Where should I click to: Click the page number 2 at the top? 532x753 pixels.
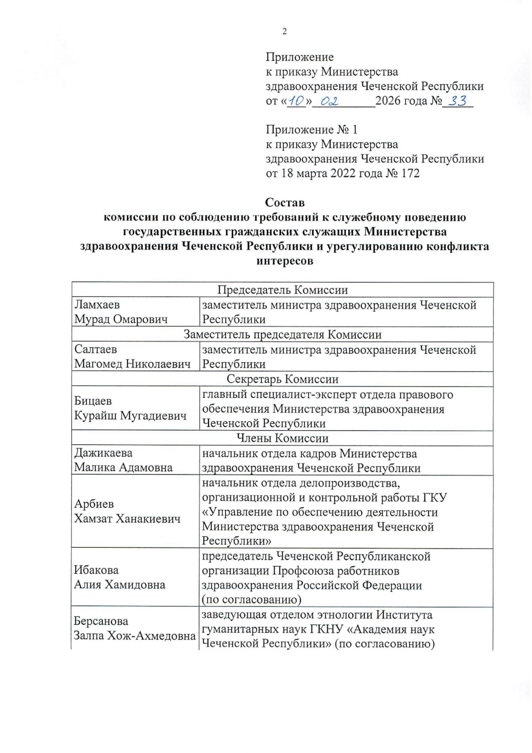click(x=284, y=31)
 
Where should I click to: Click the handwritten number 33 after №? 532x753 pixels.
click(x=458, y=101)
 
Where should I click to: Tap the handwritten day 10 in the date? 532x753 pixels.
click(x=296, y=102)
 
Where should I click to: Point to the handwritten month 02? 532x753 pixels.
click(x=329, y=102)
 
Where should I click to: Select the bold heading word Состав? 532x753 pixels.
click(x=285, y=203)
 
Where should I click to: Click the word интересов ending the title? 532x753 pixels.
click(x=285, y=261)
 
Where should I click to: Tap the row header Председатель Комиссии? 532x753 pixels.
click(x=282, y=290)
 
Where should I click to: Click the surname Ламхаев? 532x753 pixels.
click(x=97, y=305)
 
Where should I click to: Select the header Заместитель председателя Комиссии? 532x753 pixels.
click(x=282, y=334)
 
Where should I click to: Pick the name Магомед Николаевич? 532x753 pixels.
click(x=132, y=364)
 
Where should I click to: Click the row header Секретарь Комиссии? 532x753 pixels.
click(x=282, y=379)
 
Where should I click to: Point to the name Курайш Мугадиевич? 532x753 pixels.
click(x=130, y=416)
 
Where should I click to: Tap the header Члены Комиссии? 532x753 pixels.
click(x=282, y=438)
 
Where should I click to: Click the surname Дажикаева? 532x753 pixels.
click(x=103, y=453)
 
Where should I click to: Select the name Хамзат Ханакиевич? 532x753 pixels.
click(x=127, y=518)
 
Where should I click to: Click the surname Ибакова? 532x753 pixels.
click(x=96, y=570)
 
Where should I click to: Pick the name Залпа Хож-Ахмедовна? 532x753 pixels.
click(x=134, y=635)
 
